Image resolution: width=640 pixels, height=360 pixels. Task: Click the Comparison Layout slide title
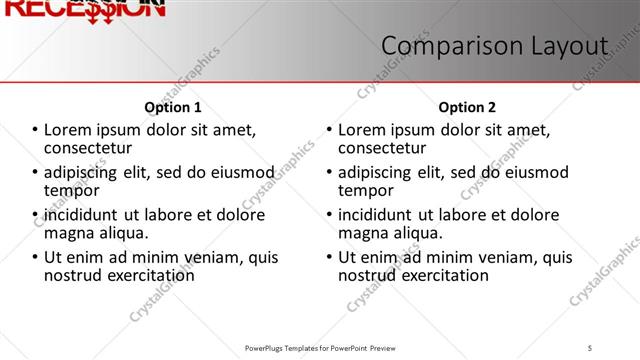495,46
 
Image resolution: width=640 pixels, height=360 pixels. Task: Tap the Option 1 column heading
173,107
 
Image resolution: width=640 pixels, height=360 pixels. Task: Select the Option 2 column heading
467,107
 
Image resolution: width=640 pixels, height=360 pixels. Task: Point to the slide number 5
590,347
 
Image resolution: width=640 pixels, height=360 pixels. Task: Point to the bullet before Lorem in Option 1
35,130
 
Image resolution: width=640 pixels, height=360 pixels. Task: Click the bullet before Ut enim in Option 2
329,257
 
